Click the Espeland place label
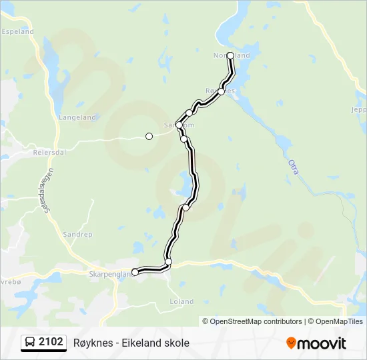tap(18, 31)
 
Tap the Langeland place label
tap(77, 117)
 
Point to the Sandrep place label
tap(77, 235)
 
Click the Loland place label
tap(181, 302)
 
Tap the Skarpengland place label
tap(107, 273)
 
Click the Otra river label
tap(293, 166)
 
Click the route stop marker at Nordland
tap(231, 55)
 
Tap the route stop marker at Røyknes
tap(222, 91)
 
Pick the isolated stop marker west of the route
tap(149, 136)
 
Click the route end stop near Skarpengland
tap(135, 272)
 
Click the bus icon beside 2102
tap(30, 343)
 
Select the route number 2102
tap(51, 343)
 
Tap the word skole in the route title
tap(176, 343)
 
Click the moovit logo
tap(316, 343)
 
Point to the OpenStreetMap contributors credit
tap(252, 321)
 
